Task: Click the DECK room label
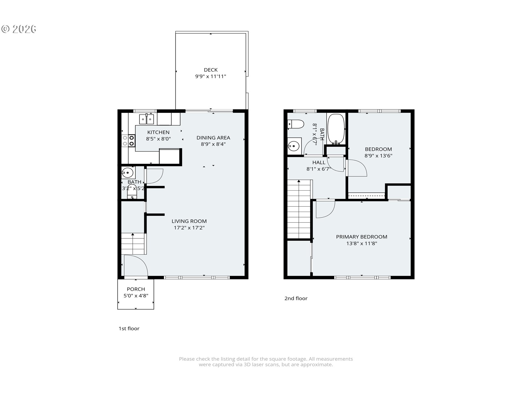211,70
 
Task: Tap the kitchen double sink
146,119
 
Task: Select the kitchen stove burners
128,140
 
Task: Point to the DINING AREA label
213,138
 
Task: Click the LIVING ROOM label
189,221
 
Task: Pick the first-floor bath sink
127,173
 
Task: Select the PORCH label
136,289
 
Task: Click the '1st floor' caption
129,328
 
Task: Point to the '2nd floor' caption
296,298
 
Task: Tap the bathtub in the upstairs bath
336,129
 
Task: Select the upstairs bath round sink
293,145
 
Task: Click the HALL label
319,162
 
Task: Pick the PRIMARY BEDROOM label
362,237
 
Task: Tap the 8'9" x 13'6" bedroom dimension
378,156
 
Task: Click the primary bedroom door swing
326,209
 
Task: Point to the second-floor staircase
299,209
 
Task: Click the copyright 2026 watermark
19,29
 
